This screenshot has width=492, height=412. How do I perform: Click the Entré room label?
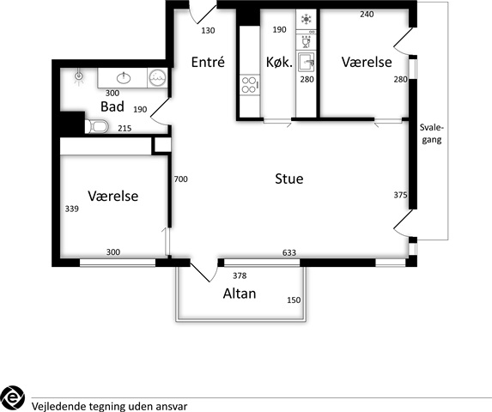pyautogui.click(x=208, y=62)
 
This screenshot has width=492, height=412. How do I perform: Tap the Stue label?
pyautogui.click(x=289, y=179)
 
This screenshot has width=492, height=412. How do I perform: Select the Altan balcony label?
pyautogui.click(x=240, y=294)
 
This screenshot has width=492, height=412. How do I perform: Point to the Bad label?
pyautogui.click(x=112, y=106)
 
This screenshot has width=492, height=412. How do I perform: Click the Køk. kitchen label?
pyautogui.click(x=279, y=62)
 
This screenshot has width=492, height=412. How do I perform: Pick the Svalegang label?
pyautogui.click(x=432, y=134)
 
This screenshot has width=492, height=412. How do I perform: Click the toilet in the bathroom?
pyautogui.click(x=97, y=126)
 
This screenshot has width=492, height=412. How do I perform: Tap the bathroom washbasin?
pyautogui.click(x=124, y=78)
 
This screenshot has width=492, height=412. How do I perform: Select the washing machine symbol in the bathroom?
pyautogui.click(x=157, y=78)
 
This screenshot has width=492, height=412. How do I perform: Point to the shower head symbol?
pyautogui.click(x=78, y=76)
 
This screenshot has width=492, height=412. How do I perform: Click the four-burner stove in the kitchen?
pyautogui.click(x=250, y=85)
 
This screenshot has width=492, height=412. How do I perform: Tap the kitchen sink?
pyautogui.click(x=307, y=62)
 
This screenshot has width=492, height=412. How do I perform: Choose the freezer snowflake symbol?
pyautogui.click(x=306, y=19)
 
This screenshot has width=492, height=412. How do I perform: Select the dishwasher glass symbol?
pyautogui.click(x=306, y=42)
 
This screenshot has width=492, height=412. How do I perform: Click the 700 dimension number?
pyautogui.click(x=180, y=179)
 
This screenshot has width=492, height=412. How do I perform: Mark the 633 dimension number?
pyautogui.click(x=289, y=252)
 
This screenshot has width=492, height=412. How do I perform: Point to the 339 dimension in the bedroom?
pyautogui.click(x=72, y=209)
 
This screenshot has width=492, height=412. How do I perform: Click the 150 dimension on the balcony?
pyautogui.click(x=294, y=300)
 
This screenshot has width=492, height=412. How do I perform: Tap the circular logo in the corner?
pyautogui.click(x=12, y=398)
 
